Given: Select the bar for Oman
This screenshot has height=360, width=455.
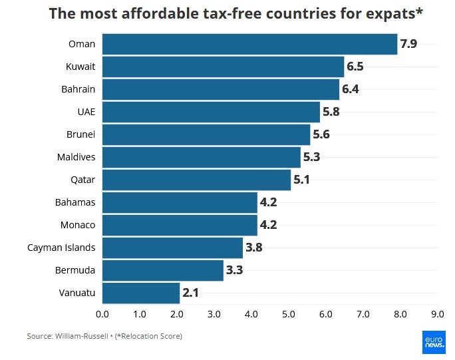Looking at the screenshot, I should (249, 45).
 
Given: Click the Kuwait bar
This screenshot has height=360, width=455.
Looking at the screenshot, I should (223, 67).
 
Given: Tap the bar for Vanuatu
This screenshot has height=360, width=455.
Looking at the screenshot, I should (141, 293).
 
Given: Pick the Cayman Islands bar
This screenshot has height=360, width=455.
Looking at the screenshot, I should (172, 248).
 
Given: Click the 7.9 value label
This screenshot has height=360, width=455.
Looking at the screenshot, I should (408, 45).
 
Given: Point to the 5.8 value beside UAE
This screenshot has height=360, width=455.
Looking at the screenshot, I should (331, 112).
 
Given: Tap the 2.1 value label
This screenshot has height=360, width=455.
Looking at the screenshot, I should (191, 293).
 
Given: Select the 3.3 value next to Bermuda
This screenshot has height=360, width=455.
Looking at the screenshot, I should (234, 270).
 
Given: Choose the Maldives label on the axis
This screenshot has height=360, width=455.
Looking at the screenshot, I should (76, 157).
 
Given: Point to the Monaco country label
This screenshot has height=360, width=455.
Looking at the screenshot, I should (78, 225).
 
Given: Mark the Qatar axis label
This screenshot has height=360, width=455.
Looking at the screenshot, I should (83, 180).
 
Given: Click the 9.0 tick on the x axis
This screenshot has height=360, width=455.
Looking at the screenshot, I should (437, 313).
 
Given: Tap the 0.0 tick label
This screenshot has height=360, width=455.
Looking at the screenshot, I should (102, 313).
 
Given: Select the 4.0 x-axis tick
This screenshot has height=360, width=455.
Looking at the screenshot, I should (251, 313).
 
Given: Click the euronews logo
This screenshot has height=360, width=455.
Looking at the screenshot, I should (433, 341).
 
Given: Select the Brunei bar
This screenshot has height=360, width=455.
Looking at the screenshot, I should (206, 134).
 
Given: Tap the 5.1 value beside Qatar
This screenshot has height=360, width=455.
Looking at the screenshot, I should (302, 180).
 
